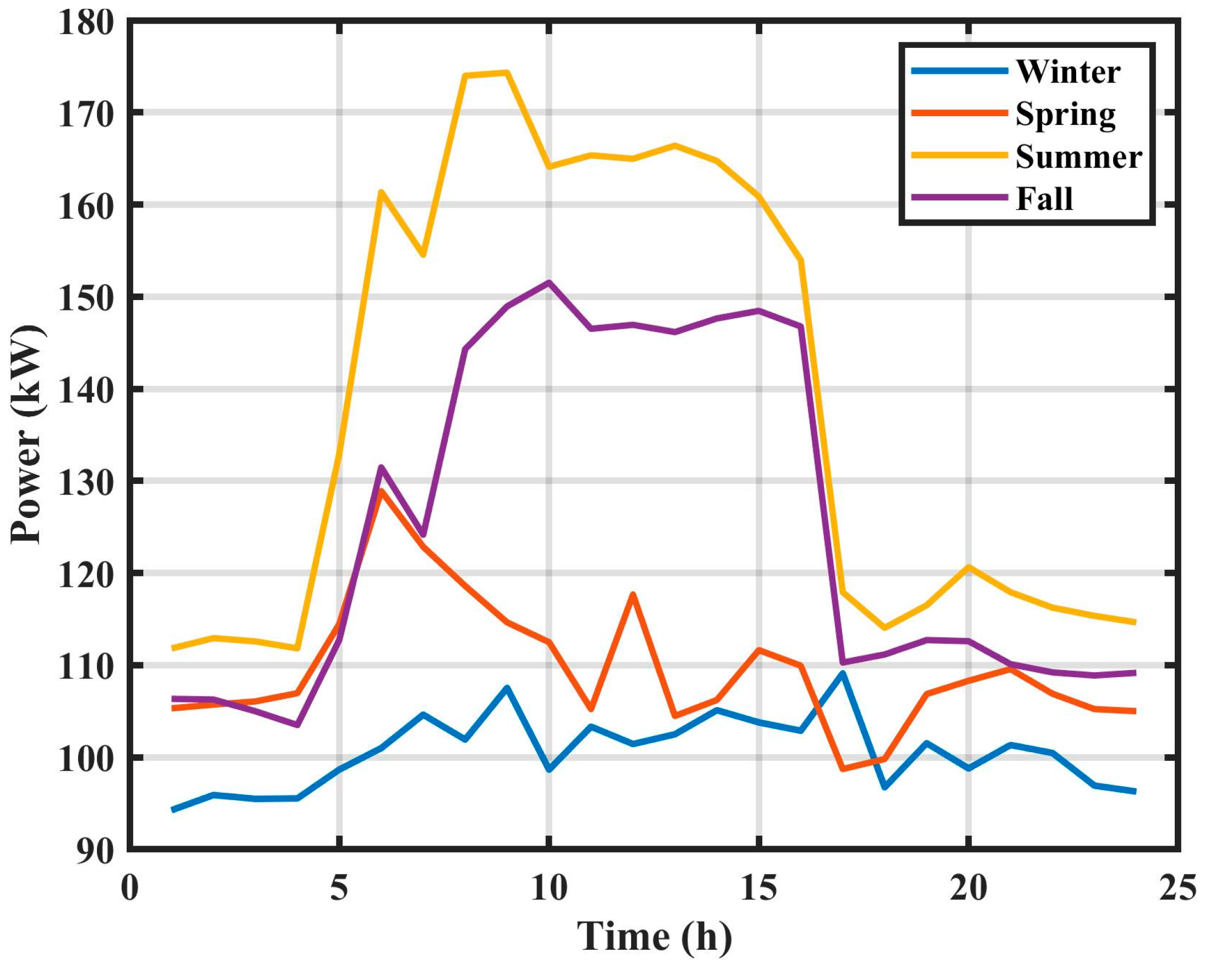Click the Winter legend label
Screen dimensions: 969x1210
coord(1067,72)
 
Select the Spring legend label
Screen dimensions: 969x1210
coord(1065,116)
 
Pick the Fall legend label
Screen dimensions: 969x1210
coord(1044,199)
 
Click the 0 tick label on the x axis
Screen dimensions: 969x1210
coord(129,889)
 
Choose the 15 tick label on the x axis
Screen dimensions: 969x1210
coord(759,889)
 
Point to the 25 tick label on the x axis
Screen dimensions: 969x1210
coord(1178,889)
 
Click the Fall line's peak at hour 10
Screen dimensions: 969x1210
coord(549,282)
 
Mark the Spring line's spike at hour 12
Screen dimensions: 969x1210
coord(632,594)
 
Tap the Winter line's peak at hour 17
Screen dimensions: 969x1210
coord(843,673)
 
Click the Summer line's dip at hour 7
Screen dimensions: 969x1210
coord(423,255)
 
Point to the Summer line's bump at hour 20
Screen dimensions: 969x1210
coord(968,566)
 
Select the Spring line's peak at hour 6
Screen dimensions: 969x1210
coord(381,491)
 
